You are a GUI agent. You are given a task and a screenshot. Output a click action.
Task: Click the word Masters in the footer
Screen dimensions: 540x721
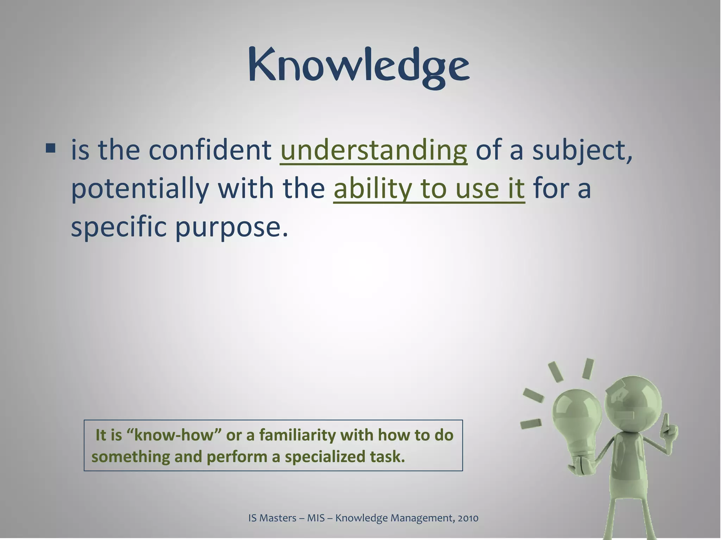(x=278, y=518)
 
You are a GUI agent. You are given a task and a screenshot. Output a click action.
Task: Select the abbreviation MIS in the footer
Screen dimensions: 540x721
(x=316, y=518)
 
